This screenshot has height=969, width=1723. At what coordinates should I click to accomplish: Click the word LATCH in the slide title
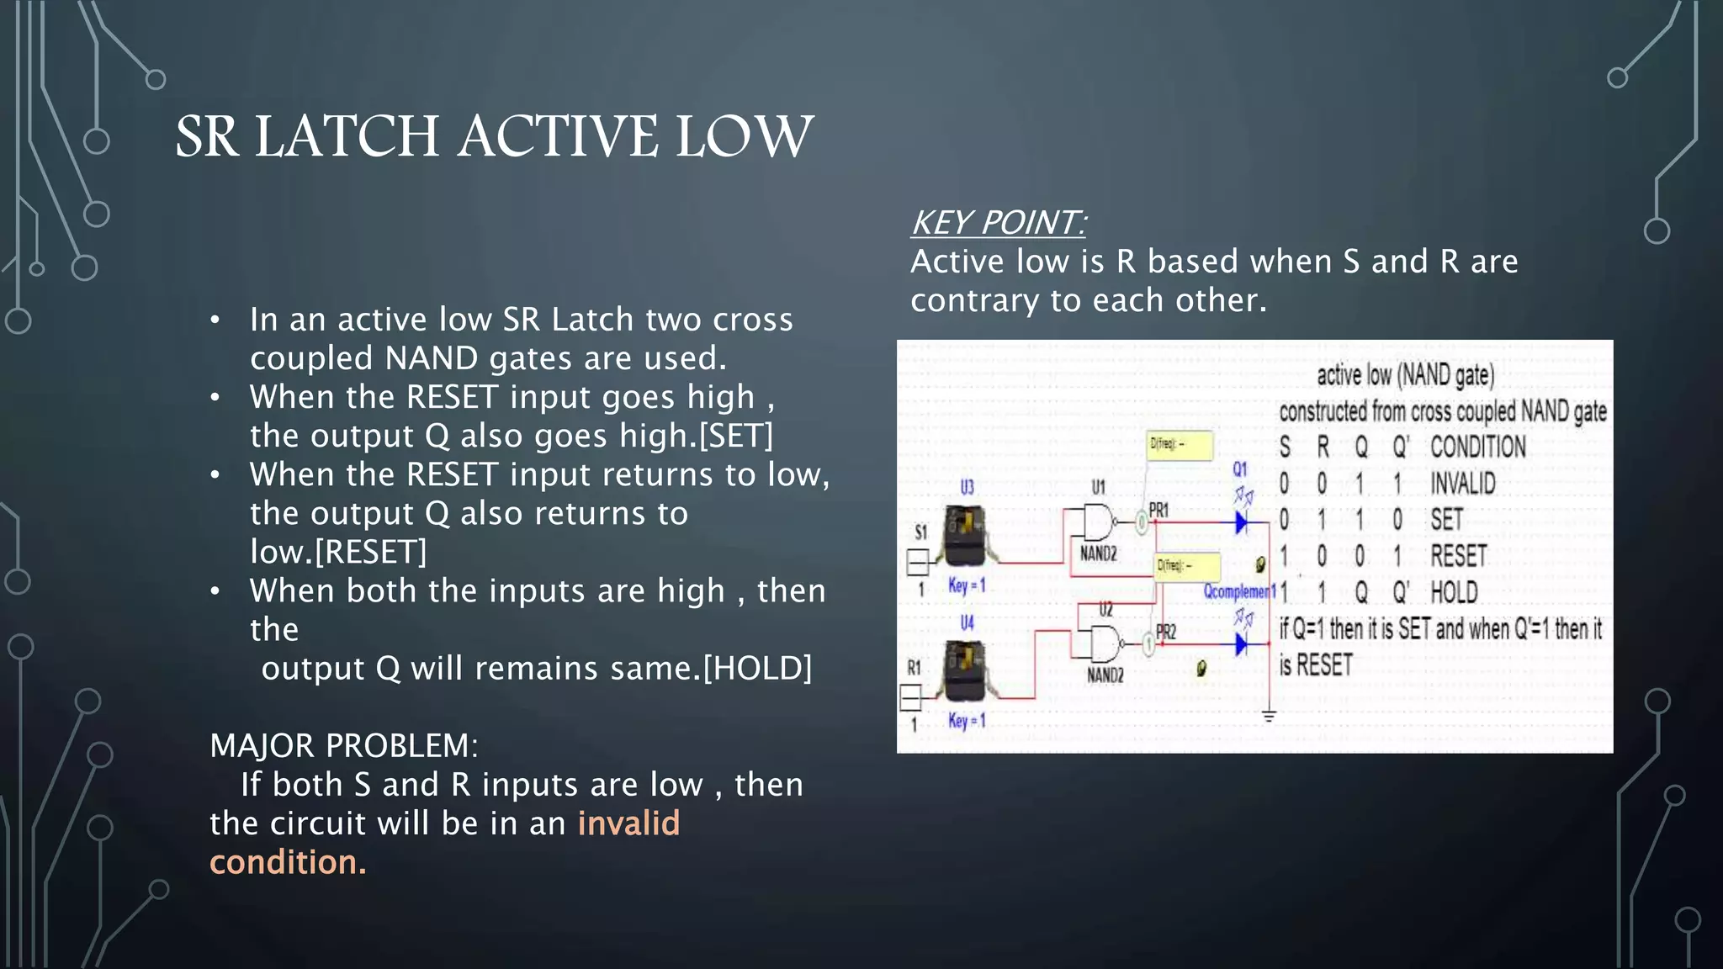pos(347,137)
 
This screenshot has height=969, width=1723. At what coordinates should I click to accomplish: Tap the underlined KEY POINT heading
pos(998,223)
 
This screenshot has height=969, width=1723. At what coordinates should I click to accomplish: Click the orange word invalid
pos(628,823)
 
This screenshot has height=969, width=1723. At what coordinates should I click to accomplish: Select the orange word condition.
pos(288,862)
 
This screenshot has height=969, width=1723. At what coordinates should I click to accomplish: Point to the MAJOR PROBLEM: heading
pos(343,746)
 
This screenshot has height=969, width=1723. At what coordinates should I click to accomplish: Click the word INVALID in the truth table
pos(1463,484)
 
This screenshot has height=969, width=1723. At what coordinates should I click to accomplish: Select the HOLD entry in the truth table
pos(1454,592)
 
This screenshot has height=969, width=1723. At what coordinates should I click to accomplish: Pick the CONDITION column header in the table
pos(1477,447)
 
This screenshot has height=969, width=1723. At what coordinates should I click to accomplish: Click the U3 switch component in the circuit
pos(965,536)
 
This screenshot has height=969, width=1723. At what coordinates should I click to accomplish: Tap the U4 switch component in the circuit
pos(965,670)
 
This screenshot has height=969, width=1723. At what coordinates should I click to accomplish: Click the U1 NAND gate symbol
pos(1097,522)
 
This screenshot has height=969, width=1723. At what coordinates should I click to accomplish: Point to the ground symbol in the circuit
pos(1269,716)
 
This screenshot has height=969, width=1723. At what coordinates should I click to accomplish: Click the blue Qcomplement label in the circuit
pos(1238,591)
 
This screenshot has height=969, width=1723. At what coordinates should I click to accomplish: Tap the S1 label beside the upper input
pos(920,532)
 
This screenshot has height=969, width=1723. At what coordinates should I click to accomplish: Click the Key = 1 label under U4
pos(966,721)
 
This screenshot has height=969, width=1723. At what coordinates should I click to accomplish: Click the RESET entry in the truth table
pos(1459,556)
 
